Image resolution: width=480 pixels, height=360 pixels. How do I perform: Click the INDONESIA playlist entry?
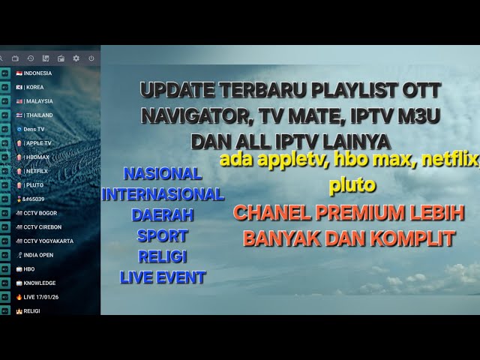pos(37,73)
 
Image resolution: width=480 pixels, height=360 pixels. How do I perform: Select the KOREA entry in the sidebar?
pos(34,87)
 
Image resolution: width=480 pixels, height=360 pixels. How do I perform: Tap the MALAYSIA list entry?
pos(38,101)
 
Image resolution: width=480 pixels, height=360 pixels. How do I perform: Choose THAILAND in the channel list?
pos(38,115)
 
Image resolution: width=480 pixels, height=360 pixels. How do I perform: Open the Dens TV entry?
pos(34,129)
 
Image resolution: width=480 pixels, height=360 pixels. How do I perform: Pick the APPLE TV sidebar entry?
pos(37,143)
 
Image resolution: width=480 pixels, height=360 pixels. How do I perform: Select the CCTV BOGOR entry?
pos(40,213)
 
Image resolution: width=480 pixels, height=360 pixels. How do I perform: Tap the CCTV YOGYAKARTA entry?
pos(48,241)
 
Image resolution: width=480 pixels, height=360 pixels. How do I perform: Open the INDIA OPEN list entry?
pos(42,255)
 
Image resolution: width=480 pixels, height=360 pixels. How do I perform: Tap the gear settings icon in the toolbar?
pos(76,58)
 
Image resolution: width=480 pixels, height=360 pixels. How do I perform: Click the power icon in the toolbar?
pos(91,58)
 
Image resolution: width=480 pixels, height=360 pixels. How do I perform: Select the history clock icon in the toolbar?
pos(30,58)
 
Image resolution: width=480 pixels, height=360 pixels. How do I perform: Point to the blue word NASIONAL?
pos(162,174)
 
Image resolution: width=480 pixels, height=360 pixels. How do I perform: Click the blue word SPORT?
pos(162,236)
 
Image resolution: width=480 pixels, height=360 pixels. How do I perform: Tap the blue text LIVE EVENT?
pos(162,277)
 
